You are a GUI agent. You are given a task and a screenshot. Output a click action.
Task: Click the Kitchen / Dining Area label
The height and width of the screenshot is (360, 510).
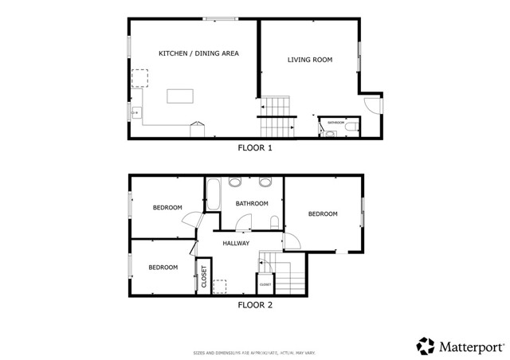(x=198, y=53)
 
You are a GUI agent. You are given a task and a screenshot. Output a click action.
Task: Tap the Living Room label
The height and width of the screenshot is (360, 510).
(x=310, y=60)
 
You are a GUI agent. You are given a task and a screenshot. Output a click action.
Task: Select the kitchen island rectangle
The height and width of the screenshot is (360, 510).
(x=181, y=96)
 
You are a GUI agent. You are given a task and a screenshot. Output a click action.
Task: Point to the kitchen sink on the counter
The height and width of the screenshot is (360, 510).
(x=136, y=112)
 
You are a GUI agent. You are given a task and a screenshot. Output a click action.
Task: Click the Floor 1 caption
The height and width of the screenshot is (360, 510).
(x=255, y=148)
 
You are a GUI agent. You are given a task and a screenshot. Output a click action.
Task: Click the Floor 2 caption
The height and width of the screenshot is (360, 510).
(x=255, y=304)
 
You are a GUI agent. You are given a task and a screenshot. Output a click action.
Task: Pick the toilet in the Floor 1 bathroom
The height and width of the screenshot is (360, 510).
(x=350, y=125)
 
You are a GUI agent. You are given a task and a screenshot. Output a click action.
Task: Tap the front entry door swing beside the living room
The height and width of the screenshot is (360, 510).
(x=372, y=104)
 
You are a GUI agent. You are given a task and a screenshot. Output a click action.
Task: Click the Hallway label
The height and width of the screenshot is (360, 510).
(x=236, y=244)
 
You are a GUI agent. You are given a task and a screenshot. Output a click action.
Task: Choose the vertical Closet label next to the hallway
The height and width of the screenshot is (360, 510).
(x=203, y=278)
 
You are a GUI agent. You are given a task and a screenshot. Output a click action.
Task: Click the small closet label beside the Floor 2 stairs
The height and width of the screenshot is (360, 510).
(x=265, y=284)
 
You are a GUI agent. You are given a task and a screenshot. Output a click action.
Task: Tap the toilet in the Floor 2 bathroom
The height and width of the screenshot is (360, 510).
(x=274, y=222)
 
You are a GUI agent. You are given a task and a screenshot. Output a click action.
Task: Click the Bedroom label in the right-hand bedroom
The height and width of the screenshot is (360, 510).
(x=323, y=213)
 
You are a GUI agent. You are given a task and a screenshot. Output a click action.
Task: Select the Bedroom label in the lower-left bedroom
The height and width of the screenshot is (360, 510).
(x=163, y=267)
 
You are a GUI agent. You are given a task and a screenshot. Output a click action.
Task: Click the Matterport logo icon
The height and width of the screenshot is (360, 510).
(x=426, y=346)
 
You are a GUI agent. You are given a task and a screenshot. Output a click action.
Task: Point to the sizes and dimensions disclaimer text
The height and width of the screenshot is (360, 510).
(x=255, y=352)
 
